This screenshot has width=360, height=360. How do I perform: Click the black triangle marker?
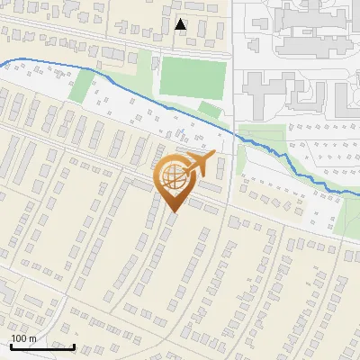181,24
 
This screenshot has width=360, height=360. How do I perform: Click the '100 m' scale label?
22,338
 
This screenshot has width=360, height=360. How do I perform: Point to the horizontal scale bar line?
42,346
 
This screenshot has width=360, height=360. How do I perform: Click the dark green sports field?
192,78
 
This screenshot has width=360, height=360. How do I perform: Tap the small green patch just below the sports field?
210,110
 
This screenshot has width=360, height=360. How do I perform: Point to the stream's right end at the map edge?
357,193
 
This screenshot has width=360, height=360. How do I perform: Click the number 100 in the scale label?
18,338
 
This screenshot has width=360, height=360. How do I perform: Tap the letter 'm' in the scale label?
31,338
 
